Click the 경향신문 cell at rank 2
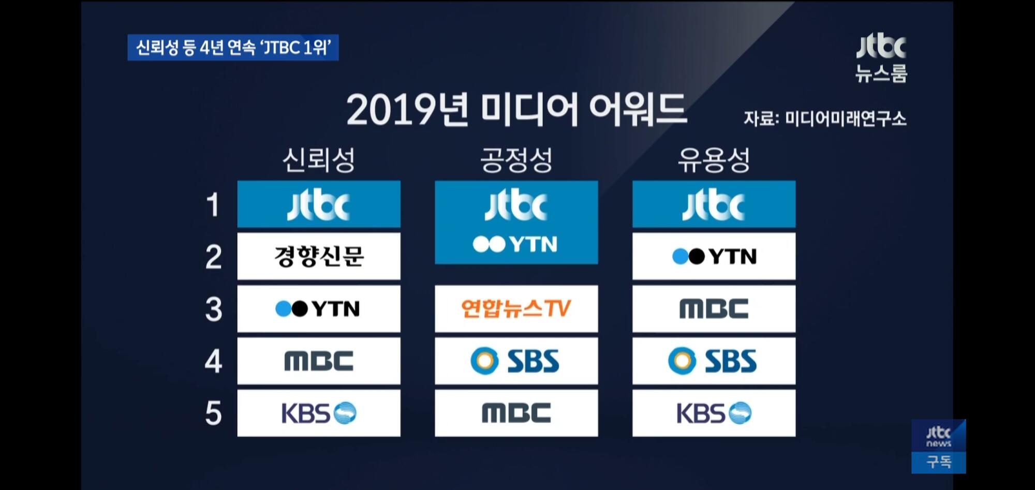319,256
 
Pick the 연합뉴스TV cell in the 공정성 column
516,308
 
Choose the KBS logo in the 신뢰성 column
319,413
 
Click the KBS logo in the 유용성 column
714,413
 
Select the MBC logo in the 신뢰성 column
319,361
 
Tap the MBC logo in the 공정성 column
516,413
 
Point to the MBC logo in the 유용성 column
714,308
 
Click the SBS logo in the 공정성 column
515,361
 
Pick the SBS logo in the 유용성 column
713,361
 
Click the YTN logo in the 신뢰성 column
317,309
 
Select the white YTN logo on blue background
515,244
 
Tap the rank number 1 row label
213,205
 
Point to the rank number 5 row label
213,413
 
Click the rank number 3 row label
213,309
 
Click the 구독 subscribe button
939,462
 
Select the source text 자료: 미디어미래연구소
825,118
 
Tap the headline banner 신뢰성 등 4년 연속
233,48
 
